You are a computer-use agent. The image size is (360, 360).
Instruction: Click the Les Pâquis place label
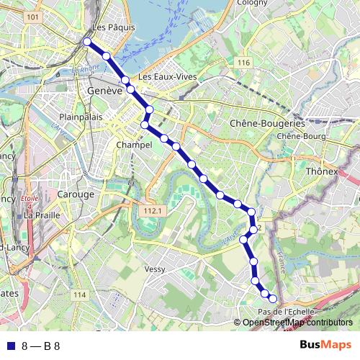pos(109,29)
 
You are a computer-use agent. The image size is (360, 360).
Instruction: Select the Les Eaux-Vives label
pos(164,76)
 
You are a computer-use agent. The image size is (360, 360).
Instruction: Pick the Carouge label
pos(76,194)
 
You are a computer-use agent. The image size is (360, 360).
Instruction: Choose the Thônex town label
pos(321,172)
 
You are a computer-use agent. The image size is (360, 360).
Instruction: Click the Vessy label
pos(156,269)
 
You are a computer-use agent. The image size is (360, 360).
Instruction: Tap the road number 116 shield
pos(243,64)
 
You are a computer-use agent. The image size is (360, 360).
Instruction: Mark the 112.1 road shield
pos(151,211)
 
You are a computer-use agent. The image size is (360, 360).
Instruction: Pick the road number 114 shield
pos(79,295)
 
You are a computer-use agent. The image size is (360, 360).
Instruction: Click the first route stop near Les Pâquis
pos(87,42)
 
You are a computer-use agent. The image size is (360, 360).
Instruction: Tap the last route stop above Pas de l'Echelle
pos(272,298)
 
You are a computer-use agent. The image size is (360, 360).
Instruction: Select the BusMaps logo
pos(326,345)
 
